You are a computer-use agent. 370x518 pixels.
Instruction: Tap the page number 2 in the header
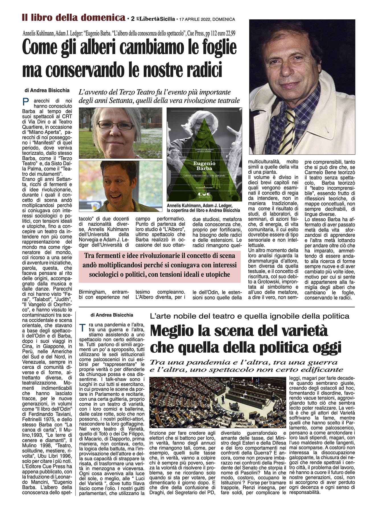tap(133, 19)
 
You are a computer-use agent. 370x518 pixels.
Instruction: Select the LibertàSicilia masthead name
tap(157, 19)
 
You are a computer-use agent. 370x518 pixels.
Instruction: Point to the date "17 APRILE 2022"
tap(195, 19)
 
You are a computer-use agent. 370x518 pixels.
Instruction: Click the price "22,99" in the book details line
tap(229, 33)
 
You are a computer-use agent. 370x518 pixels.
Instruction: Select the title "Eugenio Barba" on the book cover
tap(204, 166)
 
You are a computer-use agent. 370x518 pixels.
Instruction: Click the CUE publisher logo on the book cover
tap(204, 194)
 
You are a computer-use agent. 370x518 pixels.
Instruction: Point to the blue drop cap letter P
tap(26, 102)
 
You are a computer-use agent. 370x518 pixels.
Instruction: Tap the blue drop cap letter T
tap(82, 328)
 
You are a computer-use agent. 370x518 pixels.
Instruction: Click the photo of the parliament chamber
tap(217, 402)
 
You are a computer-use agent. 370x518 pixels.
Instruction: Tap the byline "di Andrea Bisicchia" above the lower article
tap(112, 315)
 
